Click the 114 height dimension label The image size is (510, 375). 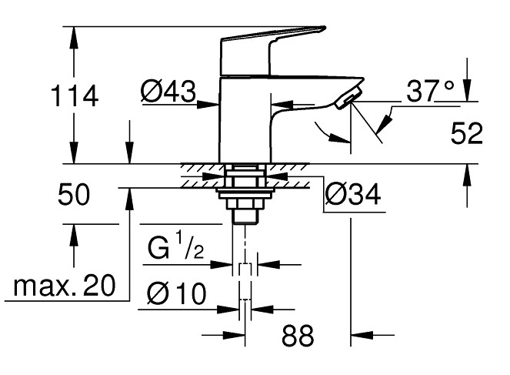pos(75,95)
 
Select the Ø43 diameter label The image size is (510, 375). pos(168,91)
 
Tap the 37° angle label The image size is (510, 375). pos(430,90)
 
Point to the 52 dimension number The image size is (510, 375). pos(467,133)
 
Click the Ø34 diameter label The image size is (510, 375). pos(353,194)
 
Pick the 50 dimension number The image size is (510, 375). pos(74,194)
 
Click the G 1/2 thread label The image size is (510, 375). pos(176,246)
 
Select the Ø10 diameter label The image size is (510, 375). pos(177,293)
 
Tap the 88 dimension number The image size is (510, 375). pos(298,336)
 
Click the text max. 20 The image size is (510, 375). pos(65,285)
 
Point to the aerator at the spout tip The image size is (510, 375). pos(348,98)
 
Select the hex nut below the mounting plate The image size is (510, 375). pos(244,204)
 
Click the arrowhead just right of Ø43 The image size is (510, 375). pos(208,105)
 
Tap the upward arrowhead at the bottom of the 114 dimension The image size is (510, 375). pos(74,152)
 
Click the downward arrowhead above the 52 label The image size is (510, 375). pos(467,91)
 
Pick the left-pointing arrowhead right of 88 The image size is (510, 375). pos(362,335)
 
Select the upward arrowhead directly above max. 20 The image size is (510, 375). pos(74,235)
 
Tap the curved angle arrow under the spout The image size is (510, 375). pos(330,132)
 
